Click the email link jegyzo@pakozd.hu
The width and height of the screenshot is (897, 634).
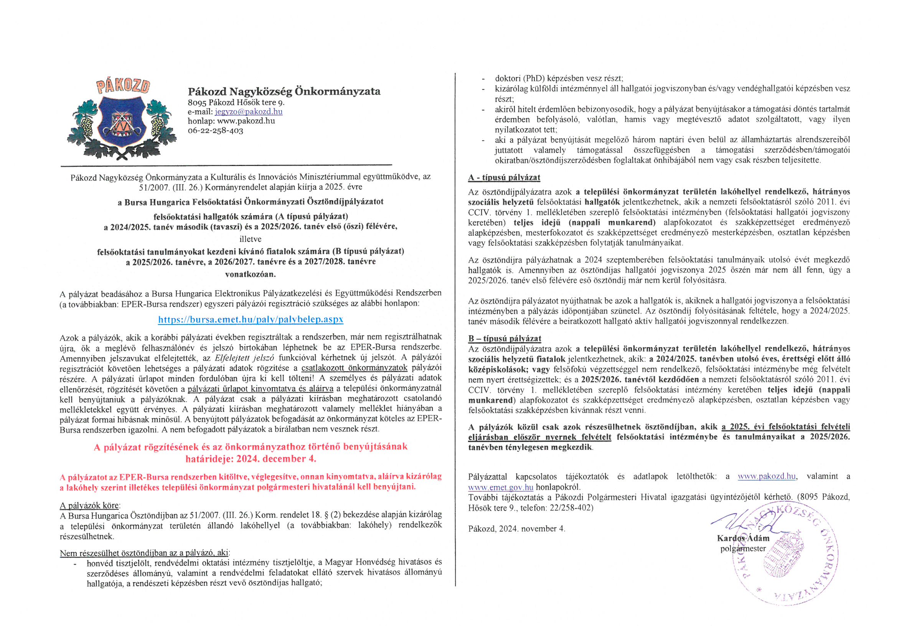249,112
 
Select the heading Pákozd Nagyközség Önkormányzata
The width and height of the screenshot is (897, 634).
284,91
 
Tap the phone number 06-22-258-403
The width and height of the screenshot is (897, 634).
215,130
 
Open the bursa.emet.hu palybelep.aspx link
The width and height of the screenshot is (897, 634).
251,319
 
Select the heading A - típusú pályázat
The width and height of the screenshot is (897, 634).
504,178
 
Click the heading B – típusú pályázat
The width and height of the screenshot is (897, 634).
505,338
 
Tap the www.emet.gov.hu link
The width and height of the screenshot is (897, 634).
500,487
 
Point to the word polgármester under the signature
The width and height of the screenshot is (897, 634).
743,548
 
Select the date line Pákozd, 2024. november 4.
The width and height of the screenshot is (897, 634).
516,529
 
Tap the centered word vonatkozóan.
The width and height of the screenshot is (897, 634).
251,274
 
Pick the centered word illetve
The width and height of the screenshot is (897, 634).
251,239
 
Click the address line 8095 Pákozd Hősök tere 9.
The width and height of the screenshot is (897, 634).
236,102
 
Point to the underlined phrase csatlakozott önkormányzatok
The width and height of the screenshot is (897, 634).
355,367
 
